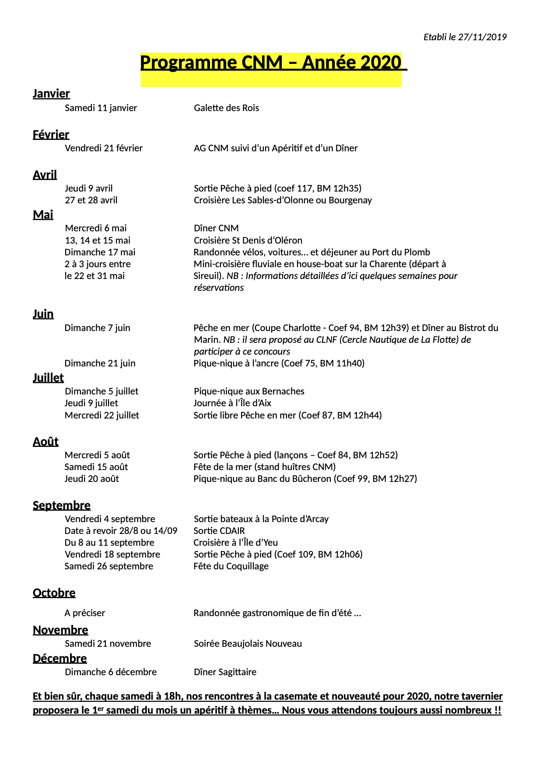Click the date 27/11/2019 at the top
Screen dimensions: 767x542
482,37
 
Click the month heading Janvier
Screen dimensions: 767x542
51,94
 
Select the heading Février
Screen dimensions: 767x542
51,135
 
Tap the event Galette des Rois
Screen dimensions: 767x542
226,108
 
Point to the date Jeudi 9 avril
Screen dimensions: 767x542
88,188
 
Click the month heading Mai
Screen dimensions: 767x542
43,215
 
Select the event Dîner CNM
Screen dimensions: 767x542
216,228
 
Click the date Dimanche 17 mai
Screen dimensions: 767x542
100,252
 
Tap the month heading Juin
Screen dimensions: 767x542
43,314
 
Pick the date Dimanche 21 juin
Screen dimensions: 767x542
100,363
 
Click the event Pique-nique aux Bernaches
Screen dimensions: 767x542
249,391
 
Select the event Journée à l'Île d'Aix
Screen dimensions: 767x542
232,403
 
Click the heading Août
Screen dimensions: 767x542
45,442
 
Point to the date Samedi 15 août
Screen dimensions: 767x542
96,467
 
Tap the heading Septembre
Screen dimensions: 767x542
62,506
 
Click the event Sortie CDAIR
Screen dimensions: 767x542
219,531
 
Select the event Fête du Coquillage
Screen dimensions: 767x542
231,566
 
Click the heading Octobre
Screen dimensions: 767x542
54,593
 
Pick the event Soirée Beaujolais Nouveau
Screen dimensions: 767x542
248,644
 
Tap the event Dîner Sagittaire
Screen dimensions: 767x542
225,672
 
